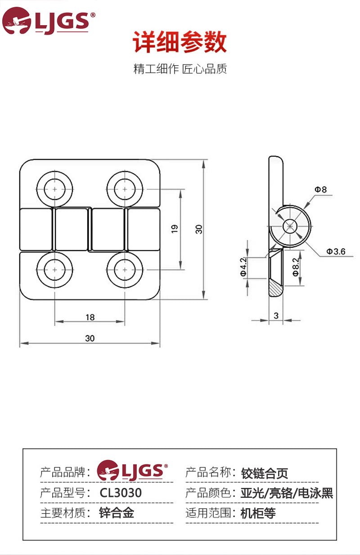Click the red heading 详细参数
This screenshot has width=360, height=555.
[x=180, y=43]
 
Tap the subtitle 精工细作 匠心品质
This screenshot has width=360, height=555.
[x=180, y=69]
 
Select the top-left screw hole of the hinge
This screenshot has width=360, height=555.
[x=55, y=189]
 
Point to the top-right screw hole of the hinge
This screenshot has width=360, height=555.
[x=125, y=189]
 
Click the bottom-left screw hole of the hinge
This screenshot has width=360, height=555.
[x=55, y=270]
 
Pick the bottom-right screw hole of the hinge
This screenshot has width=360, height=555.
[x=125, y=270]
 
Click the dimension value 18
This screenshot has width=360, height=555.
[x=90, y=317]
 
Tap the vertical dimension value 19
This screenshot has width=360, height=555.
[x=175, y=229]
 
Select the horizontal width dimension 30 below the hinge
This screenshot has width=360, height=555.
[x=90, y=338]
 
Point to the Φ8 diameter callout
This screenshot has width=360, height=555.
[x=320, y=190]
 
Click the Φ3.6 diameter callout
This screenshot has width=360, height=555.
[x=336, y=252]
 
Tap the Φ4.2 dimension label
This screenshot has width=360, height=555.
[x=243, y=266]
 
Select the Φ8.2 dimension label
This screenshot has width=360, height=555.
[x=296, y=266]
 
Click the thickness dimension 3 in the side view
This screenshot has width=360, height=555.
[x=276, y=316]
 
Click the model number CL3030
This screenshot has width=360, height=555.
[x=121, y=493]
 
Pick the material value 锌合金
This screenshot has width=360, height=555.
[x=117, y=513]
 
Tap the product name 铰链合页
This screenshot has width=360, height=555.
[x=265, y=473]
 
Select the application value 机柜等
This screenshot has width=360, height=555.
[x=258, y=513]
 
